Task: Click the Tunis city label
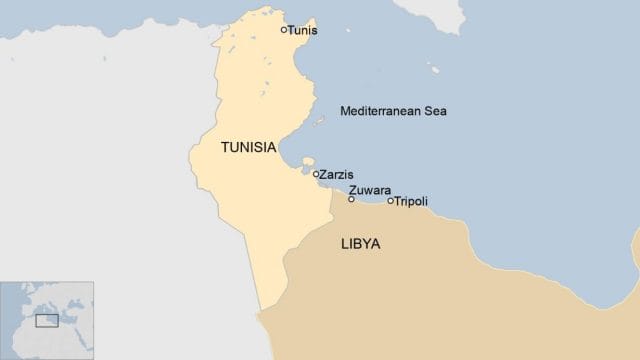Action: (x=303, y=30)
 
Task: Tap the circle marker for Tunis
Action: (x=284, y=30)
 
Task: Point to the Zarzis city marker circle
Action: (x=316, y=174)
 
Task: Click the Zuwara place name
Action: (x=370, y=190)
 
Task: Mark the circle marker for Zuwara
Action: (x=351, y=199)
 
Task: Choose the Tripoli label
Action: (x=411, y=201)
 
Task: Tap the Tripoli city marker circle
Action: (x=390, y=201)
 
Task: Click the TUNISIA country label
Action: (x=248, y=147)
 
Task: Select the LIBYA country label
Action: (x=361, y=243)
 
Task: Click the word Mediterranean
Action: (x=380, y=110)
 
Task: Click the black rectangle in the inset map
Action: (x=46, y=320)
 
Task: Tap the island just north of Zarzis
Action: (x=307, y=162)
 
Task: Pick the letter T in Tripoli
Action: (x=397, y=201)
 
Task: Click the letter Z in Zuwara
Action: (x=353, y=190)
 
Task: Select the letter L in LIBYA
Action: (x=345, y=243)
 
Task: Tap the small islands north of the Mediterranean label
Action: (x=434, y=70)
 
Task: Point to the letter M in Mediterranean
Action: (x=345, y=110)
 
